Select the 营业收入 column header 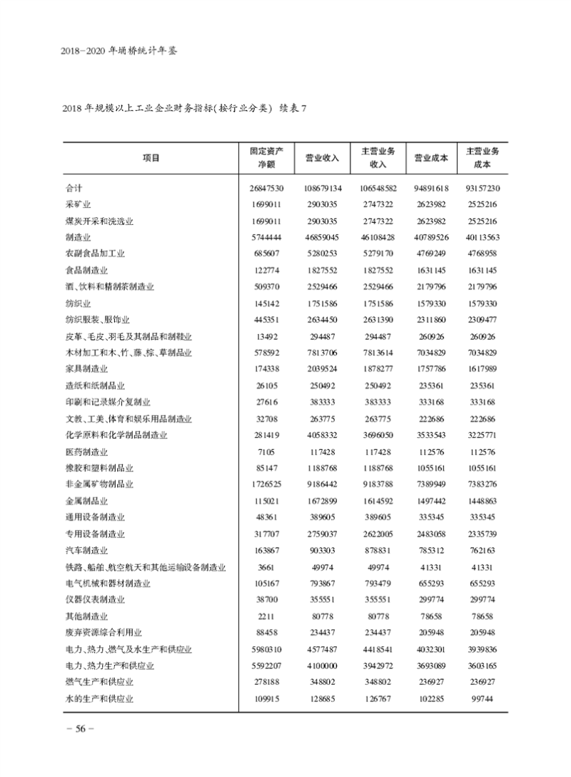[x=322, y=158]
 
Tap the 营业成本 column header [x=431, y=158]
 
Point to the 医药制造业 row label [x=87, y=451]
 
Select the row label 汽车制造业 [x=87, y=550]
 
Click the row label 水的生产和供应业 [x=99, y=698]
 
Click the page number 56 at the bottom [x=76, y=728]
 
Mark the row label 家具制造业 [x=87, y=369]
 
